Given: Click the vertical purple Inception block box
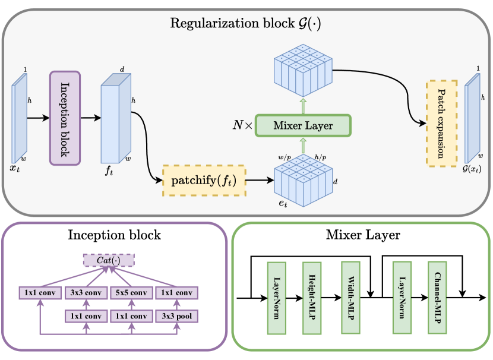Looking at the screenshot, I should pyautogui.click(x=64, y=118).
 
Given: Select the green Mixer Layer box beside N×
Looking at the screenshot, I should pyautogui.click(x=304, y=125).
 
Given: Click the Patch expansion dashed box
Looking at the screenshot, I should pyautogui.click(x=441, y=123).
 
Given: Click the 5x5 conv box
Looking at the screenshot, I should pyautogui.click(x=131, y=293).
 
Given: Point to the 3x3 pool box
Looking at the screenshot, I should pyautogui.click(x=176, y=317).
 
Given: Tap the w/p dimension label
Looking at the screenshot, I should pyautogui.click(x=283, y=158).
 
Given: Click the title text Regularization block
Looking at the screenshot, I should pyautogui.click(x=246, y=24).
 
